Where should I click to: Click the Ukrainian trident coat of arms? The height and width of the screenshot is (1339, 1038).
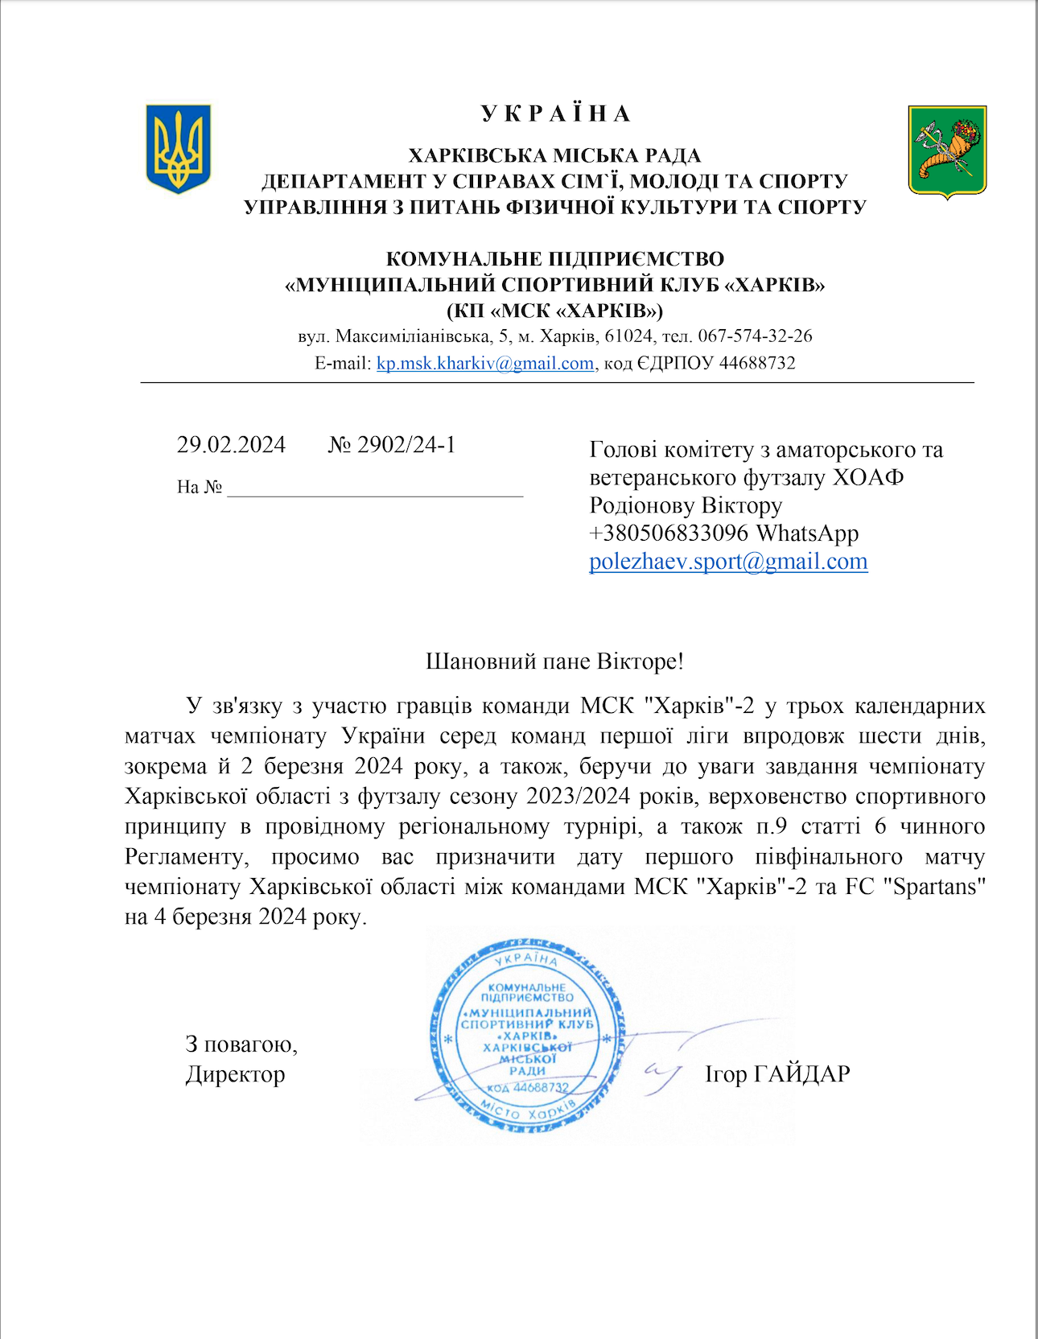point(178,149)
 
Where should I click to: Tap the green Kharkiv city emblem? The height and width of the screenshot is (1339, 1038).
point(947,151)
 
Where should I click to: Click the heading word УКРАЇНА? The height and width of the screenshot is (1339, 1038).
point(556,113)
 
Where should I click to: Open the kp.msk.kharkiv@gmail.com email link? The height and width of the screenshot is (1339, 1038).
point(484,363)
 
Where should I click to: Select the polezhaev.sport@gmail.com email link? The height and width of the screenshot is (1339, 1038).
point(728,561)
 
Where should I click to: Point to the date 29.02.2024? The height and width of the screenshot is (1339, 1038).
point(231,445)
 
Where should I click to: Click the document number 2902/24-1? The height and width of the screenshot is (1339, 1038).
point(406,445)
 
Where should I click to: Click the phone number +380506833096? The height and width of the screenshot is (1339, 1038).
point(669,533)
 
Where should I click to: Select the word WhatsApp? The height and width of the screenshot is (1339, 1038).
point(807,533)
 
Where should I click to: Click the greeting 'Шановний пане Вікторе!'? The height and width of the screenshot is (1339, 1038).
point(554,661)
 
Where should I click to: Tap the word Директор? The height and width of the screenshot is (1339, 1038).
point(235,1074)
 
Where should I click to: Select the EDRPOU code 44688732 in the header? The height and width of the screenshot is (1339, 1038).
point(757,363)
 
